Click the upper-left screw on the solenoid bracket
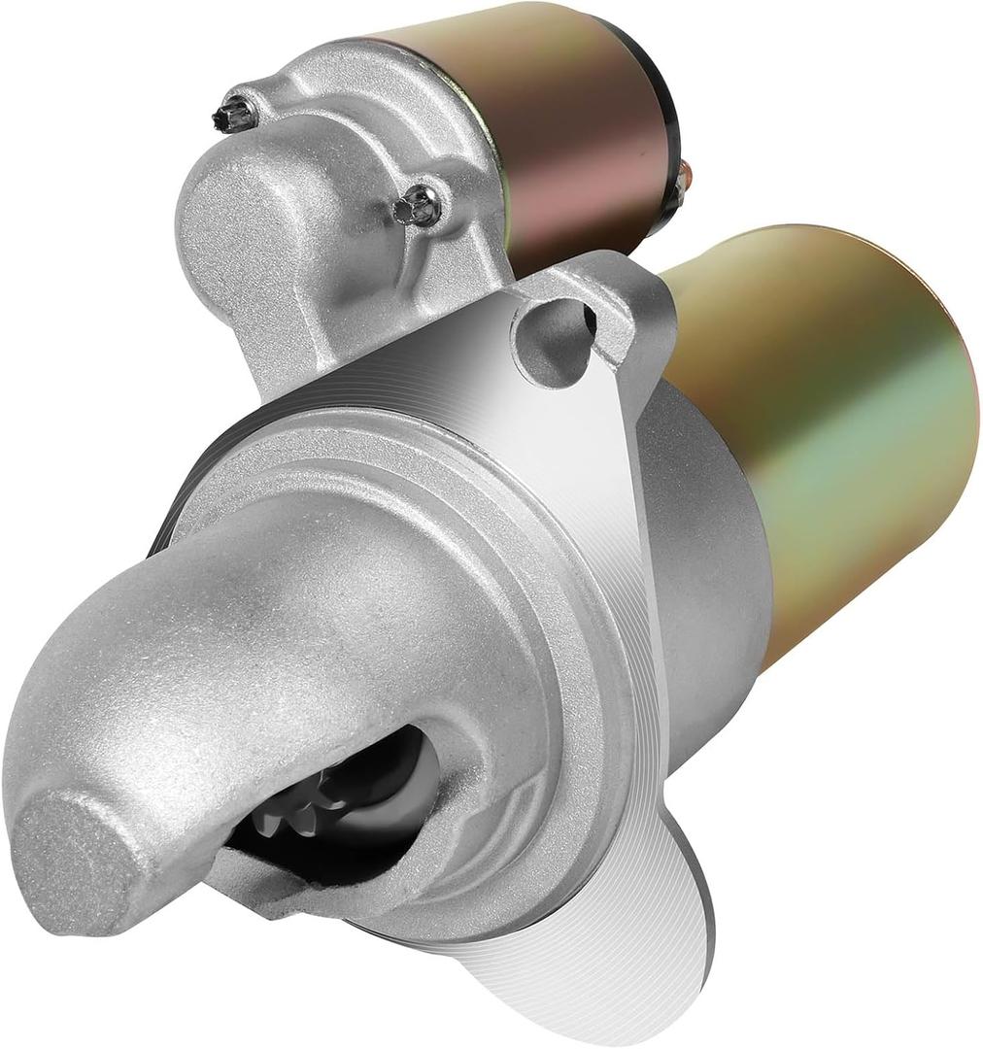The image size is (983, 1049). click(x=235, y=113)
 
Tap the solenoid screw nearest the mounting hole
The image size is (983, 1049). click(x=420, y=205)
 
